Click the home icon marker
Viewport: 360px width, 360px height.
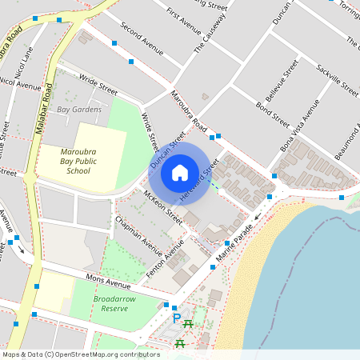pyautogui.click(x=180, y=172)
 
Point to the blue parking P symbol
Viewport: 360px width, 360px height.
pyautogui.click(x=177, y=318)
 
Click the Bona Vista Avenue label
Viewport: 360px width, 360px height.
pyautogui.click(x=300, y=128)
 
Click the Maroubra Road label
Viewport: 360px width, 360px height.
pyautogui.click(x=189, y=111)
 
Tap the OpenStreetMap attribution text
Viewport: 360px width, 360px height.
pyautogui.click(x=81, y=354)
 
